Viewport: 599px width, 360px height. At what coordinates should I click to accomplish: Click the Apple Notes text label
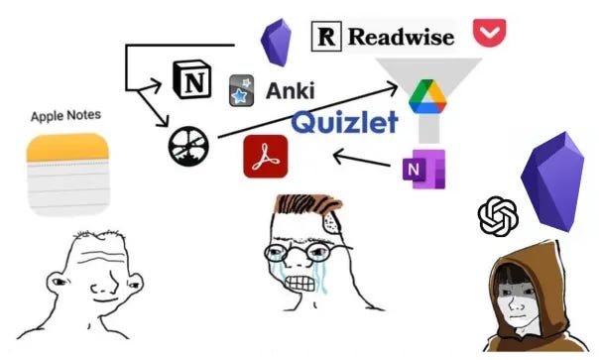[65, 116]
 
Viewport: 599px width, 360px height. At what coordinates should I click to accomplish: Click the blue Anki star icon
[240, 90]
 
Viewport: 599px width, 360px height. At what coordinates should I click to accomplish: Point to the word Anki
[290, 91]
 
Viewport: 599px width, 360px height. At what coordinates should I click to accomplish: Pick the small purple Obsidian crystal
[274, 43]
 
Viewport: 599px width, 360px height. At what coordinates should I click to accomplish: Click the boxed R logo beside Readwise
[326, 37]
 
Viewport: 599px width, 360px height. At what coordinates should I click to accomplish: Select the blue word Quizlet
[345, 123]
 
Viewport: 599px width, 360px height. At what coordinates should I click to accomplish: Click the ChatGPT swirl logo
[498, 216]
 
